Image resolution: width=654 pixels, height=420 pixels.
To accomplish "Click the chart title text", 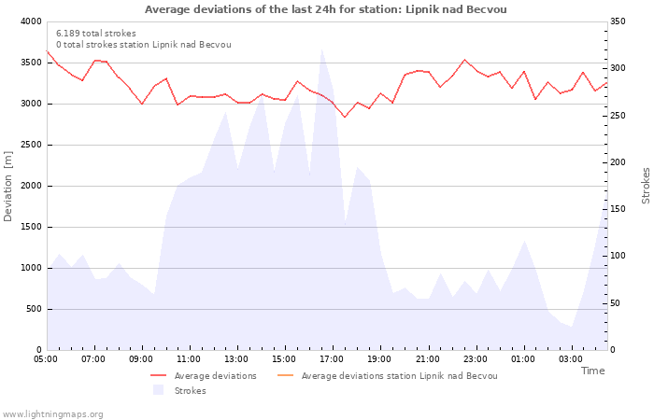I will [x=326, y=9].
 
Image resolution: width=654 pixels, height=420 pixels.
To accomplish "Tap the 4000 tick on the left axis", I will [x=29, y=21].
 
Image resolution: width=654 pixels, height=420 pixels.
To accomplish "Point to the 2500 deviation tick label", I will [x=29, y=145].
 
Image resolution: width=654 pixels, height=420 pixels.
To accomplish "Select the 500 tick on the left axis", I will [x=33, y=309].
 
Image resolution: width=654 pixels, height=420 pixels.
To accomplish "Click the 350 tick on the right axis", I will [x=619, y=21].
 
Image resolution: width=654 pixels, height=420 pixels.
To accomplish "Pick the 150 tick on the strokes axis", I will [x=619, y=209].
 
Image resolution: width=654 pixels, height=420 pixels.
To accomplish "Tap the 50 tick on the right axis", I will [x=617, y=303].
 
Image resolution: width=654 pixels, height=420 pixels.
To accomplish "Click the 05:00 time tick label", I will [x=46, y=358].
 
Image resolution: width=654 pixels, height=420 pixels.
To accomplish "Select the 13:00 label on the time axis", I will [x=236, y=358].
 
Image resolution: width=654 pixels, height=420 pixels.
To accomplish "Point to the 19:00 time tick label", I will [x=379, y=358].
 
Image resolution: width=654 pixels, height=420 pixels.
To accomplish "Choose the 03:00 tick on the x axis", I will [x=571, y=358].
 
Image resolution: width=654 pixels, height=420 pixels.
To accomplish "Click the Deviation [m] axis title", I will [x=9, y=185].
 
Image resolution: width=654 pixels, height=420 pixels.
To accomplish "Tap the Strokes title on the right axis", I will [x=646, y=185].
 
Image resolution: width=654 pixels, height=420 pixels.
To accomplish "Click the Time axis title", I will [x=592, y=371].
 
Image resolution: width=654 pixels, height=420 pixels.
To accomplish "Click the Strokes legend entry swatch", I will [x=158, y=390].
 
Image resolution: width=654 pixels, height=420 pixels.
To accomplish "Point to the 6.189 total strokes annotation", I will [x=96, y=34].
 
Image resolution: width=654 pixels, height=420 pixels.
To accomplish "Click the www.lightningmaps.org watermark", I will [x=52, y=413].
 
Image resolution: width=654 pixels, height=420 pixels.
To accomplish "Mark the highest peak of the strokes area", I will [x=321, y=49].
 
